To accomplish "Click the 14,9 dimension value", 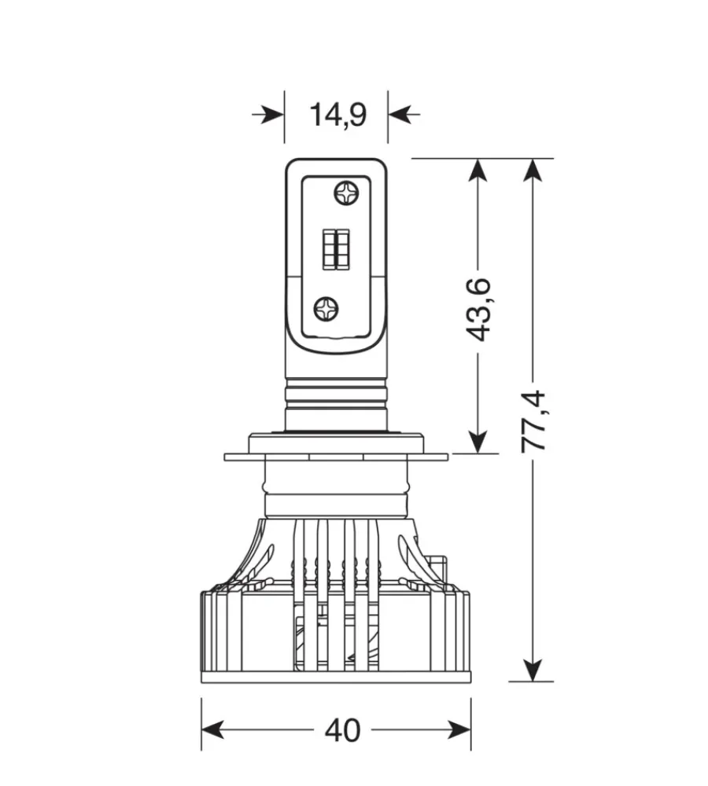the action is coord(338,116).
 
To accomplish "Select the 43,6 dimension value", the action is coord(478,309).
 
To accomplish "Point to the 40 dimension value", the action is coord(343,730).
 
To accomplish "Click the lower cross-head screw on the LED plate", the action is coord(326,309).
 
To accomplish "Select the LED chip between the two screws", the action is coord(336,249).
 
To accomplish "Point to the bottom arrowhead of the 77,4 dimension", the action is coord(533,670).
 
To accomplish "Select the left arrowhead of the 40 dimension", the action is coord(212,730).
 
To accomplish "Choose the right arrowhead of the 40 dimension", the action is coord(459,730).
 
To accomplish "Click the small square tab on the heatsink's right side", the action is coord(438,565).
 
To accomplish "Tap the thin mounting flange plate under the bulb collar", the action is coord(336,457).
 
